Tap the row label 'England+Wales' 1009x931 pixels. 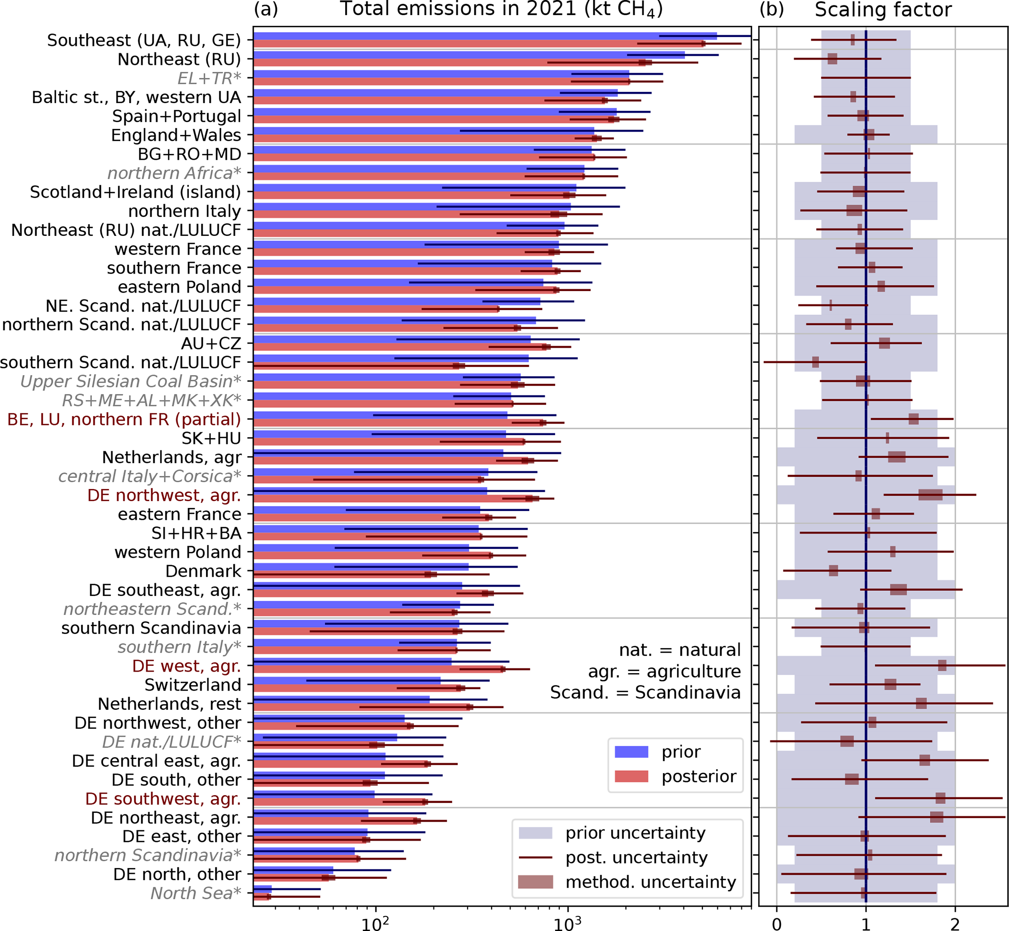click(x=176, y=135)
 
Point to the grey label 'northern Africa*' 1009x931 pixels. click(x=174, y=173)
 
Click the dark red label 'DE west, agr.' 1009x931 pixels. click(x=186, y=666)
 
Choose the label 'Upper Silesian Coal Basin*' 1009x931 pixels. click(x=130, y=381)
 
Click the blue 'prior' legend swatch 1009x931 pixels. click(x=631, y=752)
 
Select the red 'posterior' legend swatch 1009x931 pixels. click(x=631, y=776)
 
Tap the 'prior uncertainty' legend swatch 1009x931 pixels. click(x=535, y=833)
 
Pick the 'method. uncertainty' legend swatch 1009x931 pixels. click(x=535, y=882)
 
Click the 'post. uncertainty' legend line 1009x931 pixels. click(x=535, y=857)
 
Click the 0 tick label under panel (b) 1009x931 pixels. click(x=777, y=923)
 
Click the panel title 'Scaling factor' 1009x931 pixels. click(x=883, y=10)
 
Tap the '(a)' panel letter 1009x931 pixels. click(x=266, y=9)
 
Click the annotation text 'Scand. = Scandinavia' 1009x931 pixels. click(x=645, y=693)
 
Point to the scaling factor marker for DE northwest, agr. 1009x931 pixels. click(x=930, y=495)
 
